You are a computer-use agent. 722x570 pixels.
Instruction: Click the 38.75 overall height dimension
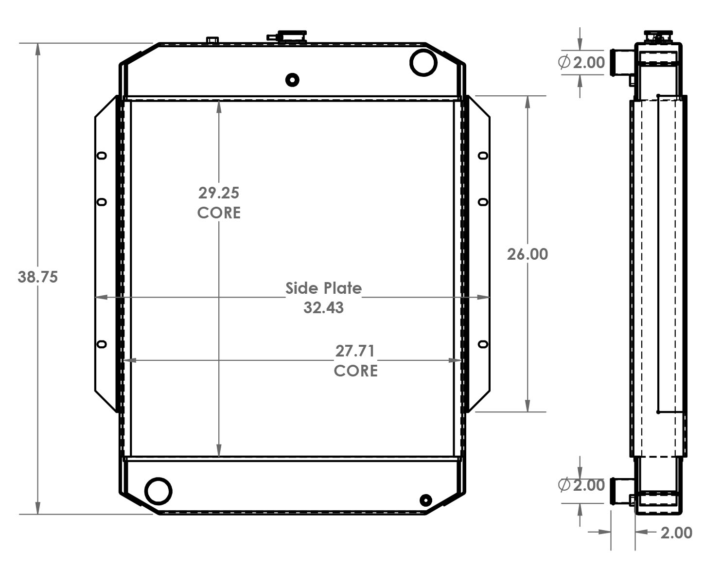pos(37,277)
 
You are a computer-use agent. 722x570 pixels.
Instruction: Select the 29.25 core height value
pos(219,193)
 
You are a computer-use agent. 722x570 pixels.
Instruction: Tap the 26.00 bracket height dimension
pos(527,254)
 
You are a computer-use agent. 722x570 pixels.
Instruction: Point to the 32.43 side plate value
pos(323,308)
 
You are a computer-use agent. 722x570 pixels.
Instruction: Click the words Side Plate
pos(323,288)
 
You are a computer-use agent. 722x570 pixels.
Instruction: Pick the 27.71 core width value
pos(355,351)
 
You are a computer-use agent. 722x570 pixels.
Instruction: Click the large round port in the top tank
pos(423,62)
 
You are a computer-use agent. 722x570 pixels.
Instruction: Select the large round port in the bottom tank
pos(158,491)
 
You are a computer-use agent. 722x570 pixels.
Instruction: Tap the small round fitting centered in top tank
pos(292,80)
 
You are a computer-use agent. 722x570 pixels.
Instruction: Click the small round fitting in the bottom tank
pos(425,500)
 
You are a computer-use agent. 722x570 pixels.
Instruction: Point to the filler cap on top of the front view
pos(291,36)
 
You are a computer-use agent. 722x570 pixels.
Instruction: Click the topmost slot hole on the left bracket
pos(102,156)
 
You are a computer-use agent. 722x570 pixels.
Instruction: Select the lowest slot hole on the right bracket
pos(483,344)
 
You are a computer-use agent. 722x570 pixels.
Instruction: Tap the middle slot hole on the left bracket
pos(102,202)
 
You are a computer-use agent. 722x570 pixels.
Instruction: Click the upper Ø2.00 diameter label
pos(581,62)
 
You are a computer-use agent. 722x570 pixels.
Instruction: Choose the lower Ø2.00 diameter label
pos(581,485)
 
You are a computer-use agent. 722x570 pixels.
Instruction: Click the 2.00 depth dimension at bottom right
pos(676,533)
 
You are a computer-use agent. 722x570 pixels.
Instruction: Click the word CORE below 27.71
pos(355,371)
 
